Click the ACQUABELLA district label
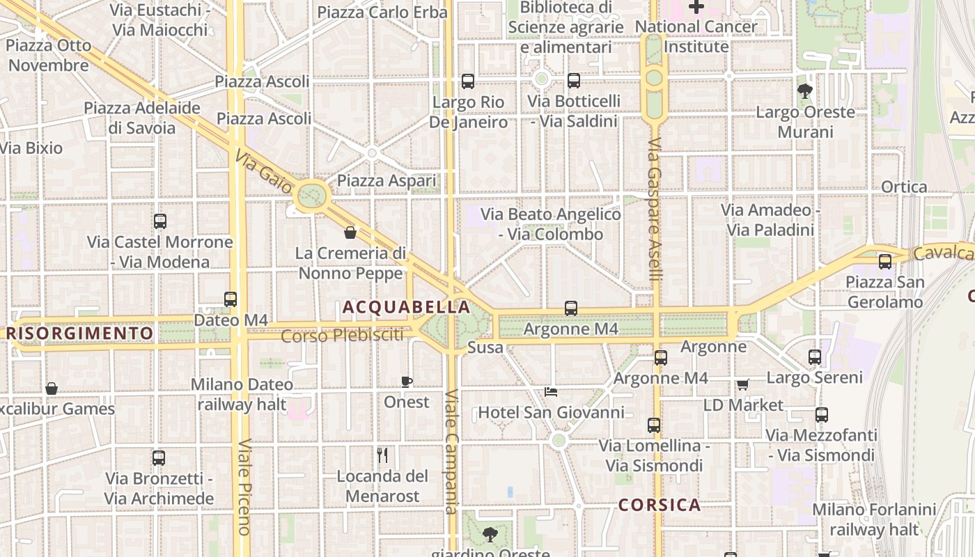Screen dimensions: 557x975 pyautogui.click(x=406, y=307)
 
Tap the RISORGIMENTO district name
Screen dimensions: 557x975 pyautogui.click(x=79, y=334)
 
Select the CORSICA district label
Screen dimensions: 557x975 pyautogui.click(x=659, y=505)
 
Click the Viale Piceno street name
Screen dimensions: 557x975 pyautogui.click(x=243, y=487)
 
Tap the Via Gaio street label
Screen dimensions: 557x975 pyautogui.click(x=263, y=170)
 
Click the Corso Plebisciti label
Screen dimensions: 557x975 pyautogui.click(x=342, y=336)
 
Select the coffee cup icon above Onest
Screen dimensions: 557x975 pyautogui.click(x=407, y=382)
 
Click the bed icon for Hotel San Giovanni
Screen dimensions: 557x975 pyautogui.click(x=551, y=392)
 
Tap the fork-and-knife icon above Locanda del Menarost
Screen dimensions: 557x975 pyautogui.click(x=382, y=455)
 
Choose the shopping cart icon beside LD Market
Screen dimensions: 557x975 pyautogui.click(x=742, y=384)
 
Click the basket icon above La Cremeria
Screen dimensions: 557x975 pyautogui.click(x=350, y=232)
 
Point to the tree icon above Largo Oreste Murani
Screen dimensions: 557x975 pyautogui.click(x=805, y=91)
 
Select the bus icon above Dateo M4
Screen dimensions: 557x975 pyautogui.click(x=231, y=299)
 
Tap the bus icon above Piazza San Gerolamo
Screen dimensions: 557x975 pyautogui.click(x=885, y=262)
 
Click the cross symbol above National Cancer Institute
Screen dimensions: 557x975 pyautogui.click(x=696, y=7)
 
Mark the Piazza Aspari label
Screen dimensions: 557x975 pyautogui.click(x=387, y=181)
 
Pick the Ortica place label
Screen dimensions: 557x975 pyautogui.click(x=904, y=187)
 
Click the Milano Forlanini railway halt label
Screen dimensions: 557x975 pyautogui.click(x=873, y=519)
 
